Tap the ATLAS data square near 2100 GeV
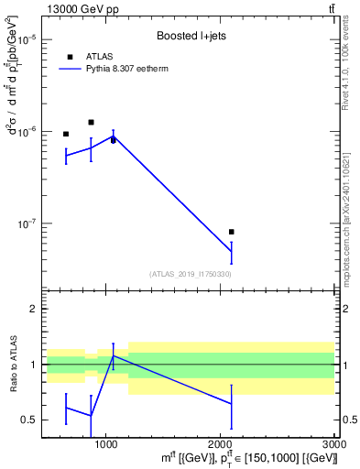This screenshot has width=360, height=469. (x=231, y=232)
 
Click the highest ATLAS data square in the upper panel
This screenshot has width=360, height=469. (x=91, y=122)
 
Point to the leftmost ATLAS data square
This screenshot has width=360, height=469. (x=66, y=134)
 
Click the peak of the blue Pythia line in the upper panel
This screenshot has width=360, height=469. (x=113, y=136)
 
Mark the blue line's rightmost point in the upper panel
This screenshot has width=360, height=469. (x=231, y=251)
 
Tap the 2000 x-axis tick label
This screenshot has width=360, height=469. (x=220, y=446)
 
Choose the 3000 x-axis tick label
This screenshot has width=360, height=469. (x=333, y=446)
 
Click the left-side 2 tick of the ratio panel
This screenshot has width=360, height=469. (x=32, y=309)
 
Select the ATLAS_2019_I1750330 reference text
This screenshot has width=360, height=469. (x=190, y=274)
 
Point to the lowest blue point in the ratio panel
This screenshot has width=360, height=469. (x=91, y=416)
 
